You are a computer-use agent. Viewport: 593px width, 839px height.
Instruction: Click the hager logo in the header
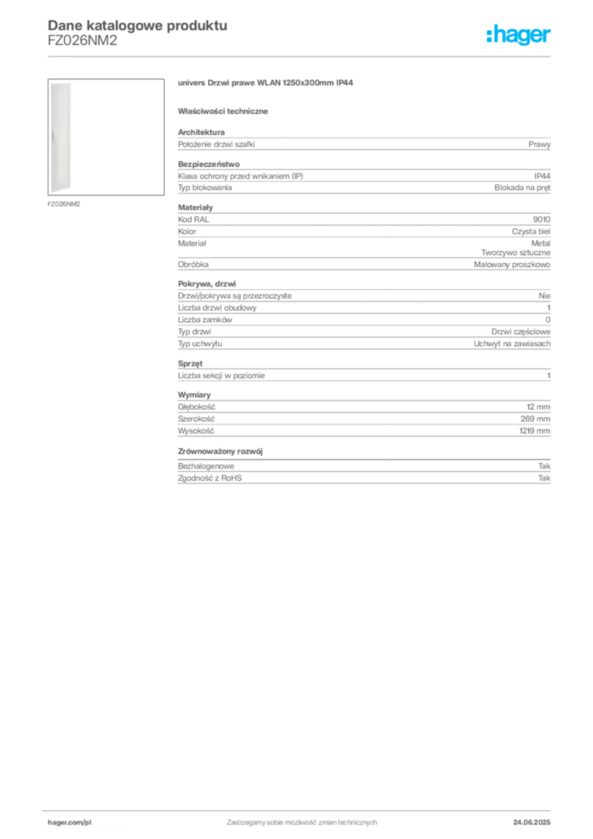(518, 35)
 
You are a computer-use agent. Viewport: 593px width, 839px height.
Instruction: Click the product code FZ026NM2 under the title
(83, 41)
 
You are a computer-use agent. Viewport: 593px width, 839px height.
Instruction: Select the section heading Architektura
(201, 132)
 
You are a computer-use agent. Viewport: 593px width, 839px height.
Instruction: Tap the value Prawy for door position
(539, 144)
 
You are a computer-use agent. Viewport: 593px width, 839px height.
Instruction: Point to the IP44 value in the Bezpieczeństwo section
(541, 176)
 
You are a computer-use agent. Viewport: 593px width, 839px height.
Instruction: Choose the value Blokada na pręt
(522, 188)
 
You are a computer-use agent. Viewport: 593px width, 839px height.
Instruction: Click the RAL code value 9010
(541, 220)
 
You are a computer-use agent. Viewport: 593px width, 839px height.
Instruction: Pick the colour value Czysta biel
(531, 232)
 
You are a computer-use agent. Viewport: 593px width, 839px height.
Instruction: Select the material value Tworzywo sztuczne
(515, 252)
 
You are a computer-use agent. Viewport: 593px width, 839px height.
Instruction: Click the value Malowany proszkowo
(512, 265)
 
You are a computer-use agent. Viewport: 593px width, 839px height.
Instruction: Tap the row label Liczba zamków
(205, 320)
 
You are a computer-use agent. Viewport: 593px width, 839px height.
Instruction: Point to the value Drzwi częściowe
(521, 332)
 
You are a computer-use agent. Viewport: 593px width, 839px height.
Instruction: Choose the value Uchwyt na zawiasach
(512, 344)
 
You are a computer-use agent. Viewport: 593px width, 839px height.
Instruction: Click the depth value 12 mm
(538, 407)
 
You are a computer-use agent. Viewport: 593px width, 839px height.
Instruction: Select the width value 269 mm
(535, 419)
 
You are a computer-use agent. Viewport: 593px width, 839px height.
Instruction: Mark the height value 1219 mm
(535, 431)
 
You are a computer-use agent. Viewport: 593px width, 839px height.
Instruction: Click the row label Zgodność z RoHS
(210, 478)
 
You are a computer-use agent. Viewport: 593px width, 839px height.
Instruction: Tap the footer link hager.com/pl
(70, 823)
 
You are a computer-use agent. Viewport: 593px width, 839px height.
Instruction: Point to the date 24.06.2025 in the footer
(532, 823)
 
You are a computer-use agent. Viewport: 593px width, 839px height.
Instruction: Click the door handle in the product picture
(53, 137)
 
